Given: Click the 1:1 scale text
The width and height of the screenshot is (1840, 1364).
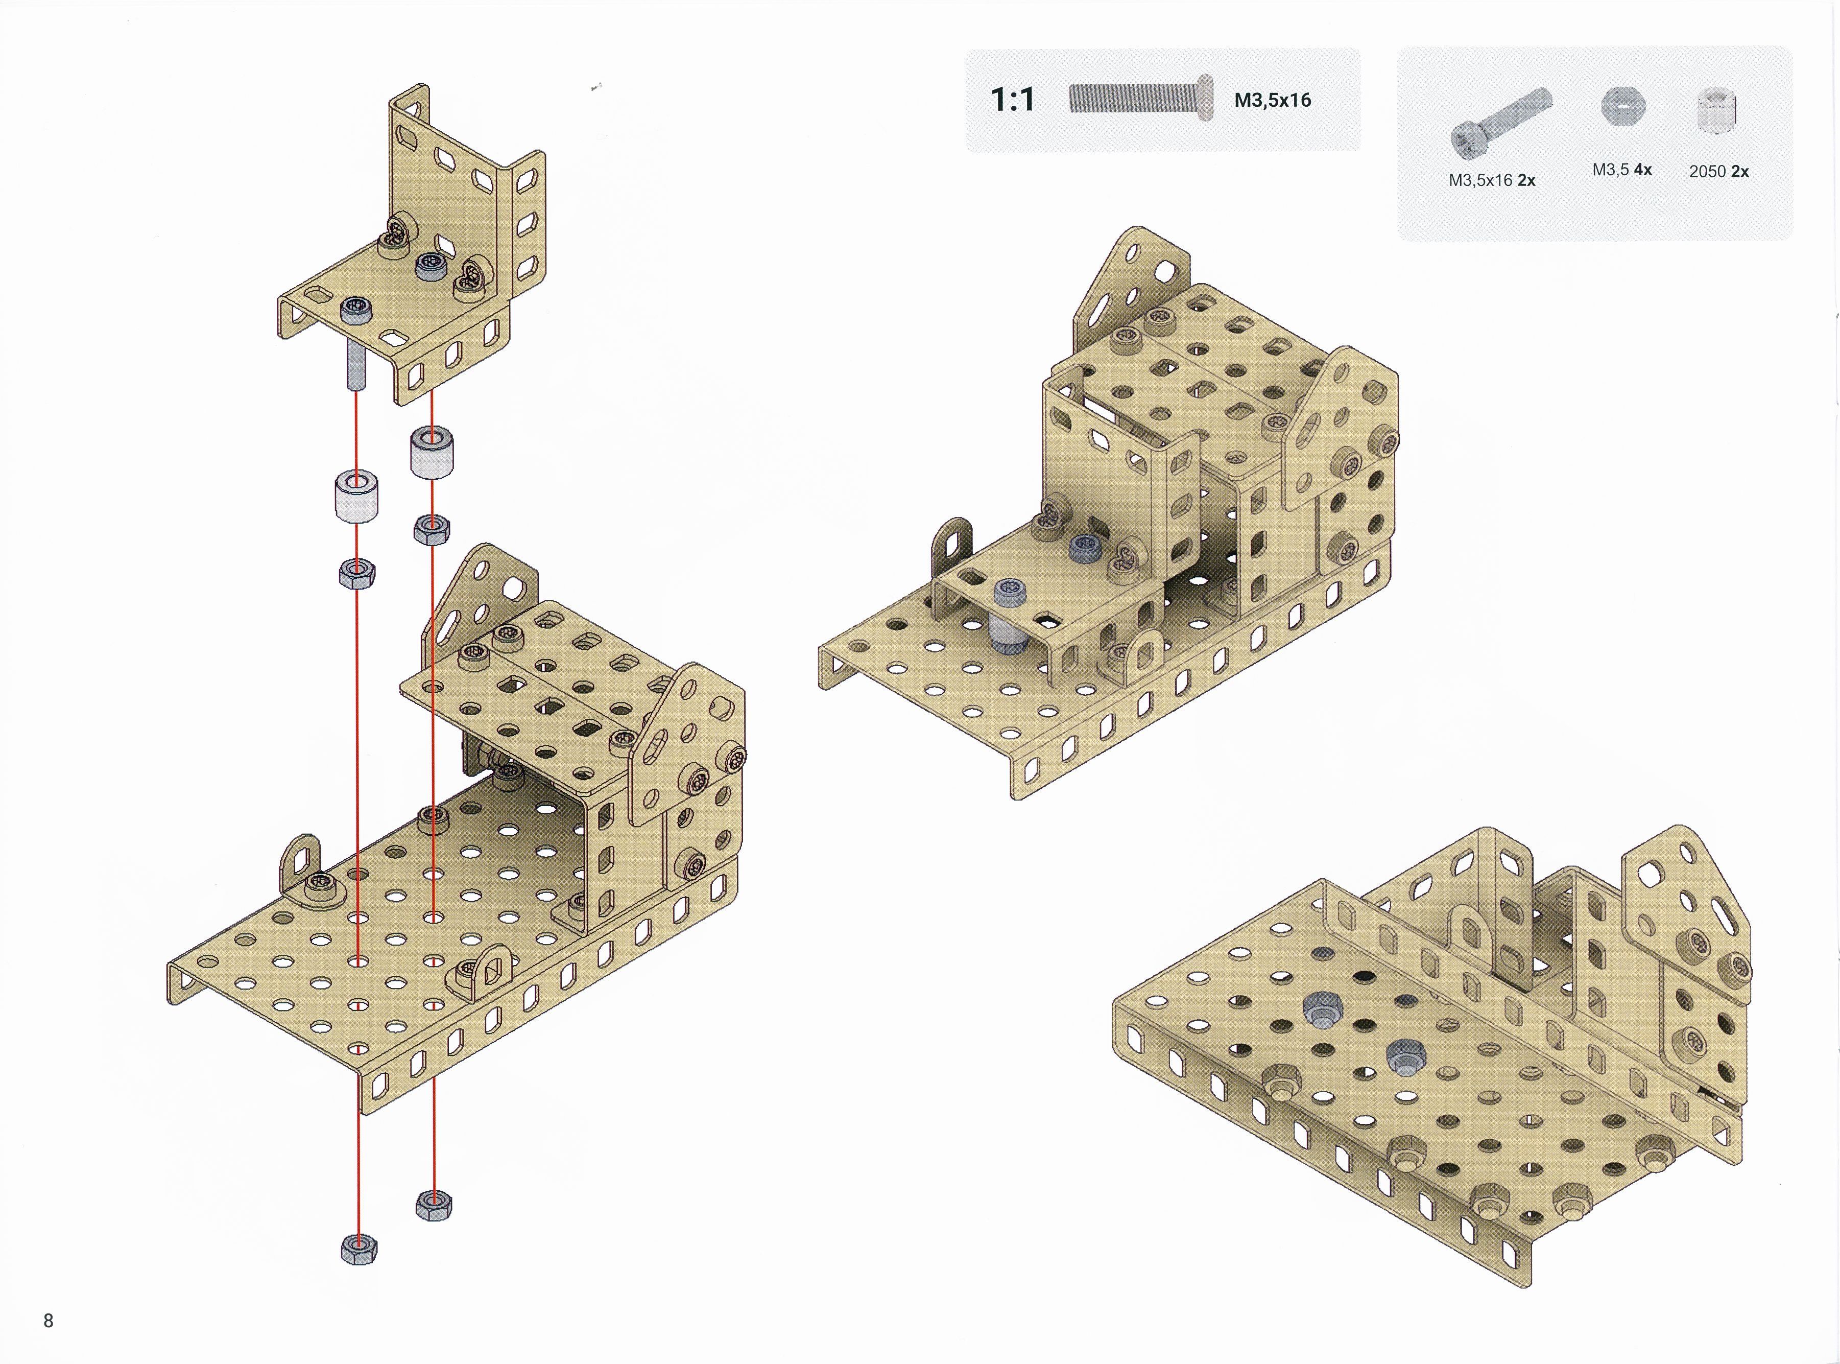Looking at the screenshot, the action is point(1012,100).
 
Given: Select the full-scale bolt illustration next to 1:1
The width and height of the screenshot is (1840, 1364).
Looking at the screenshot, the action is point(1141,98).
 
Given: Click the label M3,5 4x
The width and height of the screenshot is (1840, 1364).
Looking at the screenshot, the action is point(1621,170).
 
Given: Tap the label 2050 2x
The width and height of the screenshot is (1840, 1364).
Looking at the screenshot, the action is point(1718,172).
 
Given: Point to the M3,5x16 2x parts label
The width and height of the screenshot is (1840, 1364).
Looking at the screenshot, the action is point(1492,180).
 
